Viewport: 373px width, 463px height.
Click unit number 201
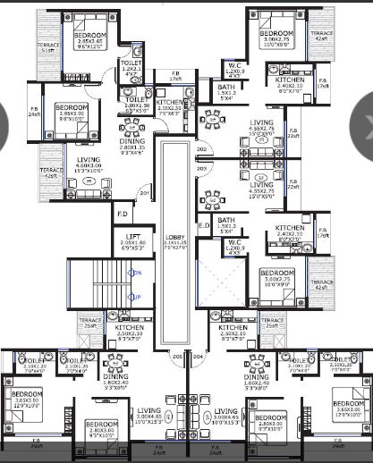(143, 193)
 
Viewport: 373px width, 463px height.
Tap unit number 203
(200, 167)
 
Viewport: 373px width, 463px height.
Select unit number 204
(199, 357)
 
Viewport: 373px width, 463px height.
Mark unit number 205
(177, 357)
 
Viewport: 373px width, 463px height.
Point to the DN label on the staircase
(136, 273)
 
